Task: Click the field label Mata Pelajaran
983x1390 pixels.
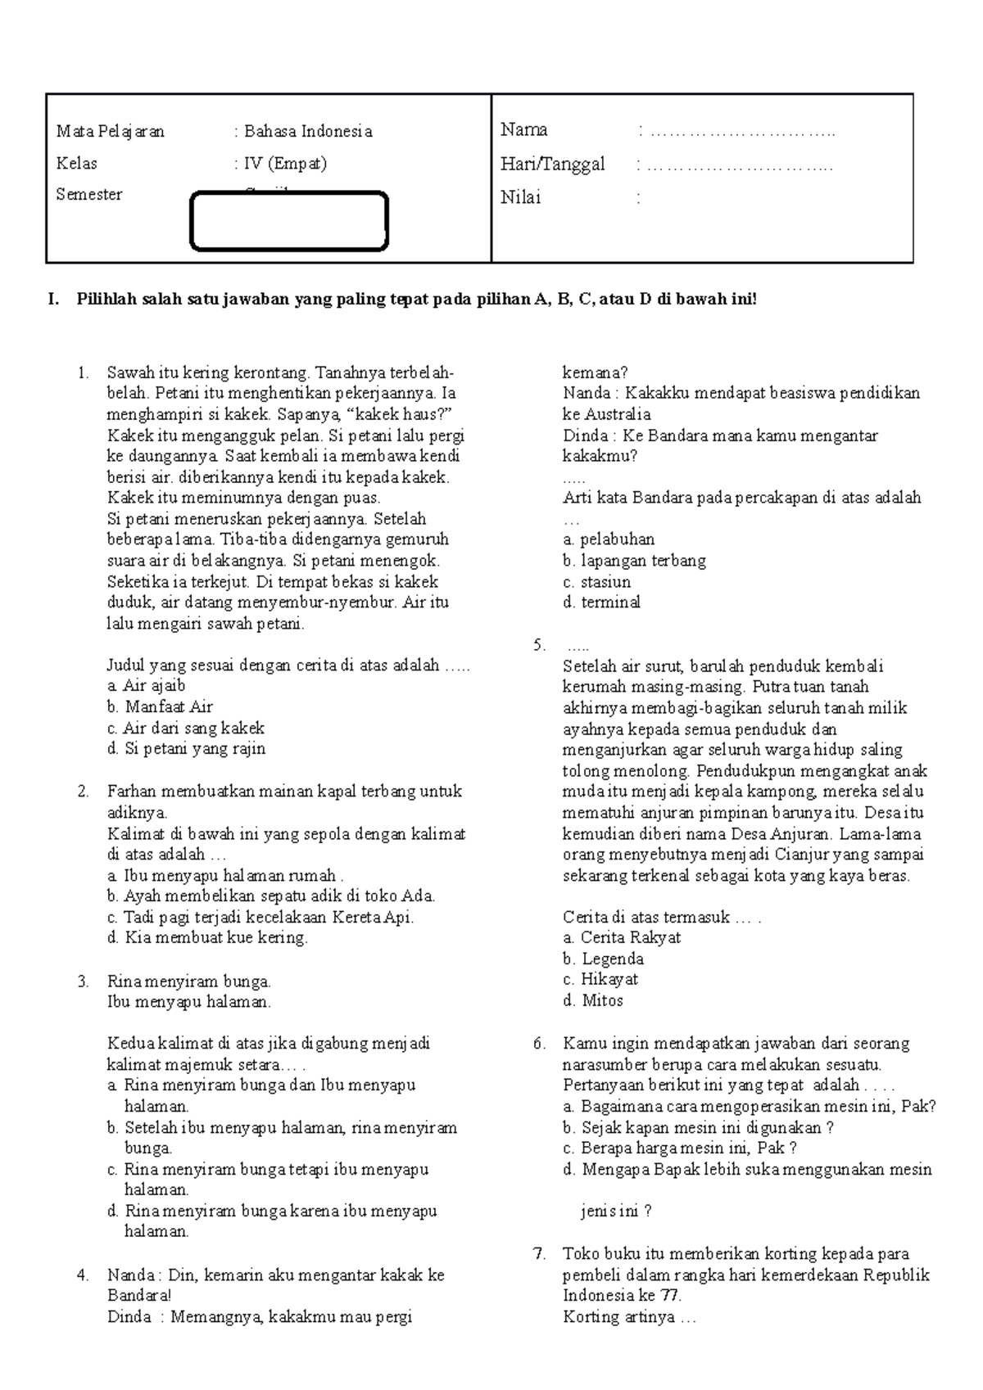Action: [x=110, y=131]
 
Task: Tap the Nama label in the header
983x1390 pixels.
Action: [x=524, y=129]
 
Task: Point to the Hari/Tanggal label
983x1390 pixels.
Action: [x=553, y=164]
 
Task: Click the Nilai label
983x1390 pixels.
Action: [x=521, y=197]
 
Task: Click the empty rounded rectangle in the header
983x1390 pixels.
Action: [x=288, y=221]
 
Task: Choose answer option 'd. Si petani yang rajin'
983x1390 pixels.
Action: [x=186, y=748]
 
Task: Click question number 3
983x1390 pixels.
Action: [x=83, y=981]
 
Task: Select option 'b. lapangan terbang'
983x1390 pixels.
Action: [x=634, y=561]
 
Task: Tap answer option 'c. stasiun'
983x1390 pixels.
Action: [x=596, y=582]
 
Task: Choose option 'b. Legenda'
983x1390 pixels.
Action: [x=603, y=959]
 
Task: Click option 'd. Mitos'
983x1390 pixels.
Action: [x=593, y=1000]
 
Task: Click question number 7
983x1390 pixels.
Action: [x=538, y=1253]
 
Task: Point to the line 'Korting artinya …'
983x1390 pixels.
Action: [x=629, y=1317]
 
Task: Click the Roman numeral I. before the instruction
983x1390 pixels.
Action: [x=54, y=300]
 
